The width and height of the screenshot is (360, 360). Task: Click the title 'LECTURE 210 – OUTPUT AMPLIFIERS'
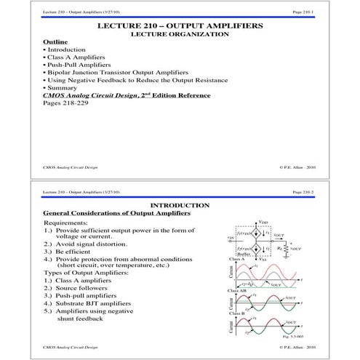180,25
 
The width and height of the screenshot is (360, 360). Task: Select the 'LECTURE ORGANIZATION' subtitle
180,33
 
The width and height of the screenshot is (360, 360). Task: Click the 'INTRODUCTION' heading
180,206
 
